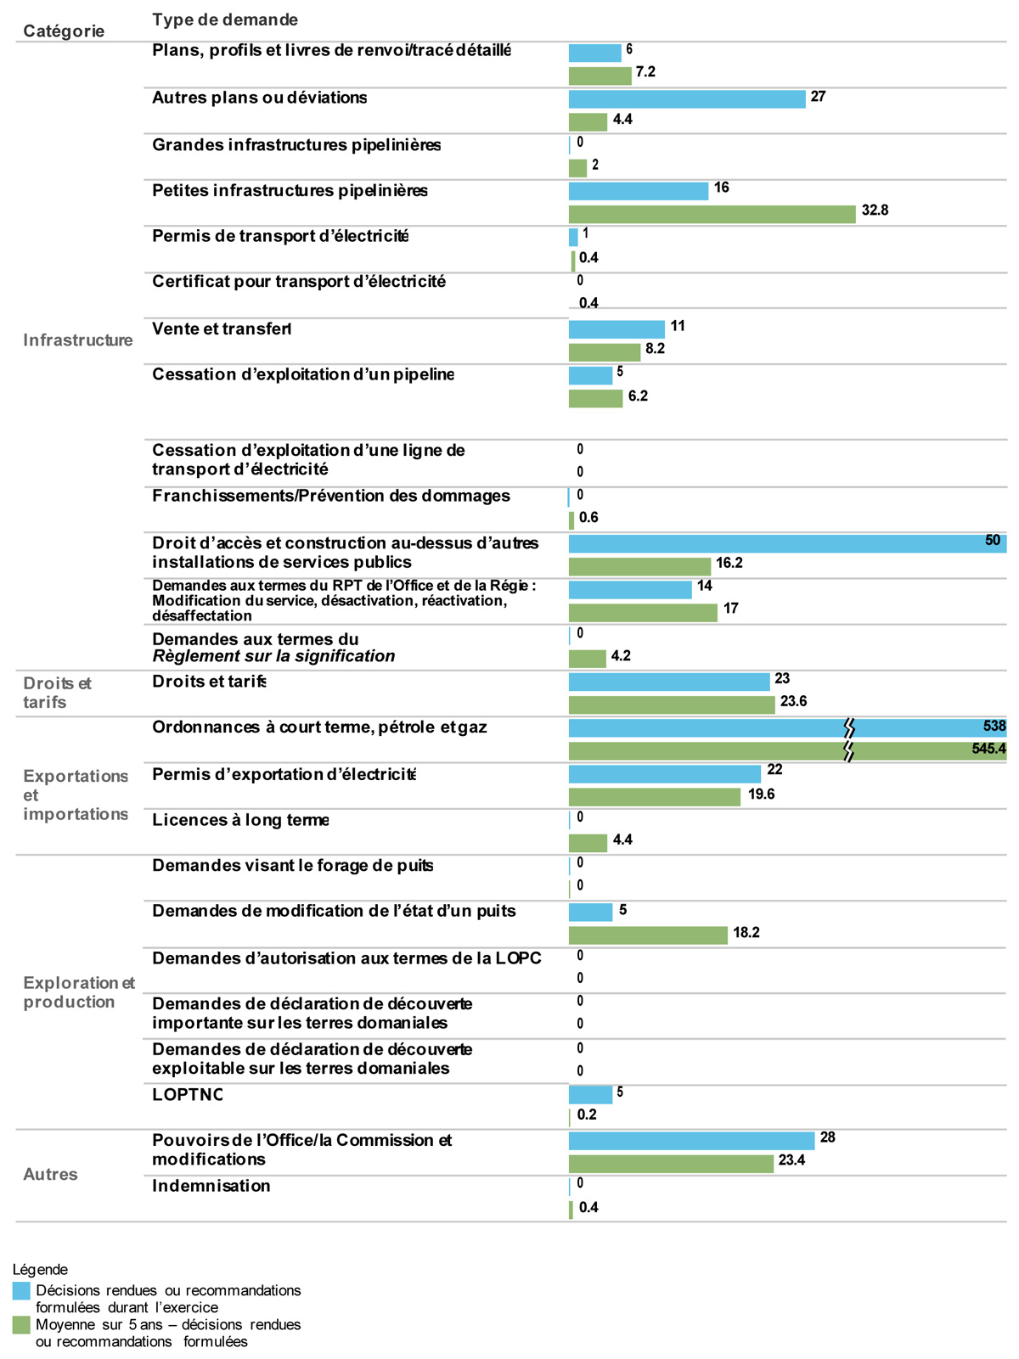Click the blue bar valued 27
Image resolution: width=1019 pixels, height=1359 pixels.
686,99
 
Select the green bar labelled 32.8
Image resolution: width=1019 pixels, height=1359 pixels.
712,214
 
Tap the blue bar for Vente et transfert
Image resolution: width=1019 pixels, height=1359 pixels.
616,329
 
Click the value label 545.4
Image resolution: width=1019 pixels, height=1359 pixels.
988,749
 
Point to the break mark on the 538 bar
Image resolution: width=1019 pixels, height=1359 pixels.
848,727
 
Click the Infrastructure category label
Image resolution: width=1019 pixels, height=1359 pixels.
77,340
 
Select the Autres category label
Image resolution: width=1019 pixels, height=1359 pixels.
50,1174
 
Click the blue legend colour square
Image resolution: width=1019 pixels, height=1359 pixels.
21,1291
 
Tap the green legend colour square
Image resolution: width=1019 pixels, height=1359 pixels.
21,1325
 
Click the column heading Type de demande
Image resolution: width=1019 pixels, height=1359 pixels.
225,20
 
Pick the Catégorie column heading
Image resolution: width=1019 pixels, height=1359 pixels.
64,31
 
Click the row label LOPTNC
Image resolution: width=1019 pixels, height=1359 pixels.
187,1094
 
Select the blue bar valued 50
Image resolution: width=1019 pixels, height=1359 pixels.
786,544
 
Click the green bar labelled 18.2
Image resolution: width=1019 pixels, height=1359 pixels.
648,935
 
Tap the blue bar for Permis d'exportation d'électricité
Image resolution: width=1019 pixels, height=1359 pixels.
664,773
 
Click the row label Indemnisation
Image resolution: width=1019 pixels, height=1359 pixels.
211,1186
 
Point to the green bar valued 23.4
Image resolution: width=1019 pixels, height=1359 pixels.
671,1163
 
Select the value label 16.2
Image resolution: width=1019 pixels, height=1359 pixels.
729,563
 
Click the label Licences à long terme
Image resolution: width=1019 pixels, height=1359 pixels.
240,820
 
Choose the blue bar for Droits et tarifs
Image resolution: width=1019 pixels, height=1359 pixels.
668,682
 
